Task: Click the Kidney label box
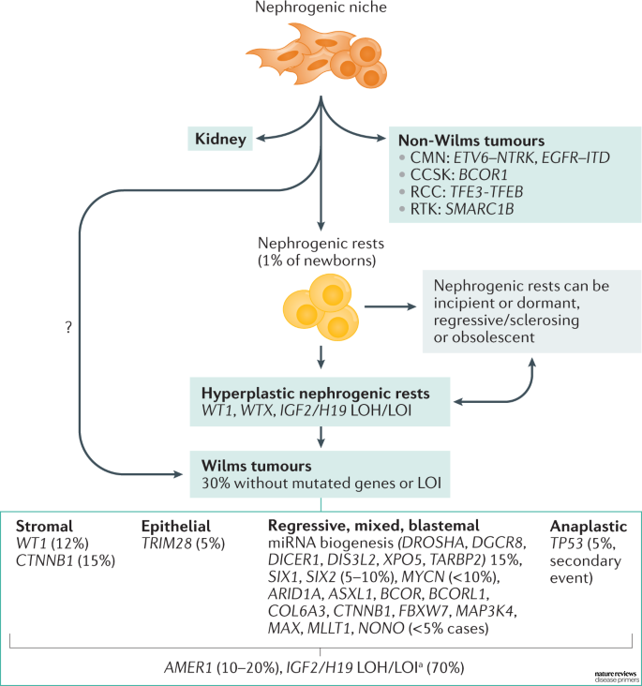point(220,139)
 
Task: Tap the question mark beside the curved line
point(68,327)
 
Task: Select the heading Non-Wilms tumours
point(471,141)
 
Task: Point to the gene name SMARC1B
point(480,209)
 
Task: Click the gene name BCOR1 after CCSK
point(484,174)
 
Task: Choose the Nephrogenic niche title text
point(321,7)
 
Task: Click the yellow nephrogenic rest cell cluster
point(321,307)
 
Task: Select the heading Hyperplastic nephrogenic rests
point(316,394)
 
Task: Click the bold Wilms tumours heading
point(257,466)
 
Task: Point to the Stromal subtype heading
point(44,526)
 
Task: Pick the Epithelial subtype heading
point(176,526)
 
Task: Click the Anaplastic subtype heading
point(589,526)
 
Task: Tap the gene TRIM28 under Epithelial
point(167,544)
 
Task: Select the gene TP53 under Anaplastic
point(566,544)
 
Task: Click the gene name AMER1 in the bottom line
point(188,667)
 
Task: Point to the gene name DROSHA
point(431,543)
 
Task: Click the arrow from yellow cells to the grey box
point(391,306)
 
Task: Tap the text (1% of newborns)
point(317,261)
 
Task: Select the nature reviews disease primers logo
point(616,677)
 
